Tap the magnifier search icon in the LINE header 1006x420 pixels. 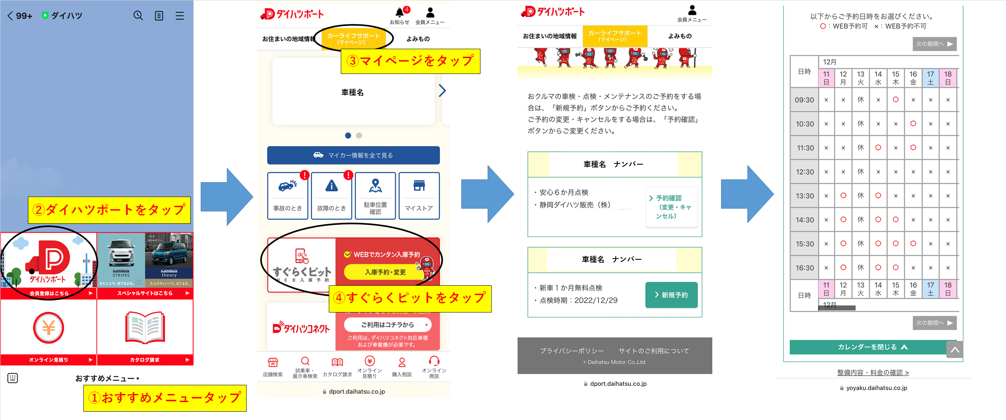[x=138, y=16]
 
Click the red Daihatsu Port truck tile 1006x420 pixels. [x=48, y=262]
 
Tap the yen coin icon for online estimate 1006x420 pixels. [x=48, y=328]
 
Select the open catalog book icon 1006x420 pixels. [x=145, y=328]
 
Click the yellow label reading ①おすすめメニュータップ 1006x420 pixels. [x=164, y=398]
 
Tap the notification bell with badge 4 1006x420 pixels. [x=400, y=13]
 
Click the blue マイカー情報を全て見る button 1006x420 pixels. [x=353, y=155]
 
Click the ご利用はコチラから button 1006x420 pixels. [x=387, y=324]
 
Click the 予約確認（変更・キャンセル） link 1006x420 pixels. [x=671, y=207]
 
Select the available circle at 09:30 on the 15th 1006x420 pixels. [x=895, y=100]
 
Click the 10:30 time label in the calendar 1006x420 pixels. [x=804, y=124]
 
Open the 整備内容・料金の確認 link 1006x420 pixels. [x=873, y=372]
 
